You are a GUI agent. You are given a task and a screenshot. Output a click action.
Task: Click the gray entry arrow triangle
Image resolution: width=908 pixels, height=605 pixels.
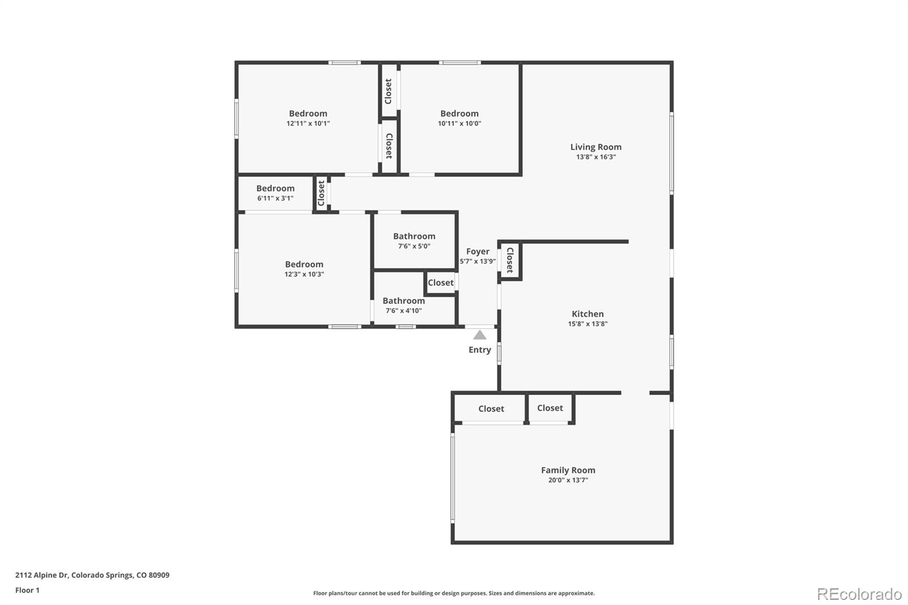tap(480, 335)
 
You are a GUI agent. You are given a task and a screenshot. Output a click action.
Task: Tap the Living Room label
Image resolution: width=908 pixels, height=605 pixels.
tap(595, 147)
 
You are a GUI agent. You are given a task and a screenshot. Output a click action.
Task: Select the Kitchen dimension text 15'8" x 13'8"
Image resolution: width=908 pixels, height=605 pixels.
tap(587, 324)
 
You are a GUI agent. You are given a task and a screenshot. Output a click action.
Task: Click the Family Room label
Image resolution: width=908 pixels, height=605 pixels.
tap(567, 470)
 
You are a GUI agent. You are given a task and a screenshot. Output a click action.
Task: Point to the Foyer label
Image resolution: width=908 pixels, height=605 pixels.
tap(477, 251)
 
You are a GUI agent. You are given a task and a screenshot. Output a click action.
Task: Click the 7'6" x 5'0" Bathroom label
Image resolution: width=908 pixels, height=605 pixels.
tap(414, 236)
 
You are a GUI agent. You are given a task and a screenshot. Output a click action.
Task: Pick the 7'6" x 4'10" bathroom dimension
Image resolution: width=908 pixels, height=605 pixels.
tap(403, 310)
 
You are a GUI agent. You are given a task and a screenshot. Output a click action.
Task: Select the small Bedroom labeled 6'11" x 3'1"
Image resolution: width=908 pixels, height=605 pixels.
tap(275, 188)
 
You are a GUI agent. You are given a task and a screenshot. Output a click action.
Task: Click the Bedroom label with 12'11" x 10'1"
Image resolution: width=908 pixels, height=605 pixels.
tap(308, 114)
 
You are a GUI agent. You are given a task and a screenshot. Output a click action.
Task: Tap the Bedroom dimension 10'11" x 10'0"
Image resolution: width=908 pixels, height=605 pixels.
tap(459, 123)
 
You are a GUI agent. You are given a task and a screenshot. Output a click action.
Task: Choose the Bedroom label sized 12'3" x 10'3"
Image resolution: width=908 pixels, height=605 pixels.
tap(304, 264)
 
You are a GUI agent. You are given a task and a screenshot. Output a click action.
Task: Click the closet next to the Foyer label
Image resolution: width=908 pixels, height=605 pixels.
tap(510, 260)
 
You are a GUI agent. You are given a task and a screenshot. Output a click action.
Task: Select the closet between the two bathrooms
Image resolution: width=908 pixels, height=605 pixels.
tap(440, 283)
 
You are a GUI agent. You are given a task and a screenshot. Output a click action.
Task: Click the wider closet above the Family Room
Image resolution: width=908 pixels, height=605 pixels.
tap(491, 409)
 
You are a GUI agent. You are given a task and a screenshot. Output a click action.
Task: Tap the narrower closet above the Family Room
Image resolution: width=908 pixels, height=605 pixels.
tap(550, 408)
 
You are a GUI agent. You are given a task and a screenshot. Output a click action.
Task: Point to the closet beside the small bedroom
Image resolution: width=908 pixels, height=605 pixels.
tap(321, 193)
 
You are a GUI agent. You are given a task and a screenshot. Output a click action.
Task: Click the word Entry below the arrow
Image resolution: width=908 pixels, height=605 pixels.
tap(480, 350)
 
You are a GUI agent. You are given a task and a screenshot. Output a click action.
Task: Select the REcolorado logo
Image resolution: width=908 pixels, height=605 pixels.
tap(859, 594)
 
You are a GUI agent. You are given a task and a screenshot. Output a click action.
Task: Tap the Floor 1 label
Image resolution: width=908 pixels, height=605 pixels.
tap(27, 590)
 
